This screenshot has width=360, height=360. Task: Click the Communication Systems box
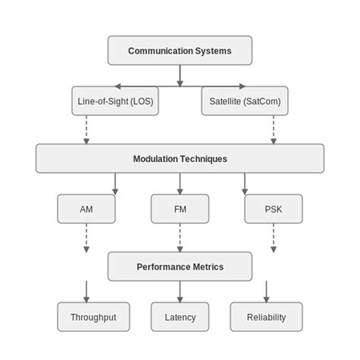[180, 51]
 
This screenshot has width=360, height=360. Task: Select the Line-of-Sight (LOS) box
[115, 101]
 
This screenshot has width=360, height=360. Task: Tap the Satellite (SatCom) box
[245, 101]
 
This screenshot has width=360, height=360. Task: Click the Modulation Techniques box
[180, 159]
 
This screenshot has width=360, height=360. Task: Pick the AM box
[87, 209]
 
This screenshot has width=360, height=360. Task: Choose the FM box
[180, 209]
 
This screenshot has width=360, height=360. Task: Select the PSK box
[273, 209]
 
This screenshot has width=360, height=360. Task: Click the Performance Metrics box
[180, 267]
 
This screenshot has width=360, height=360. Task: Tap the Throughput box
[93, 317]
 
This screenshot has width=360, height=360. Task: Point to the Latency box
[180, 317]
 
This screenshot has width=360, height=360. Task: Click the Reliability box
[267, 317]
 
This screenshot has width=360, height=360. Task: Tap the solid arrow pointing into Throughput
[87, 292]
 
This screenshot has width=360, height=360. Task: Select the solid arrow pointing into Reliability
[267, 292]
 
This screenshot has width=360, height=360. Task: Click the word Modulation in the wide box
[156, 159]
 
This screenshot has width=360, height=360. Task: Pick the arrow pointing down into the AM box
[115, 183]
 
